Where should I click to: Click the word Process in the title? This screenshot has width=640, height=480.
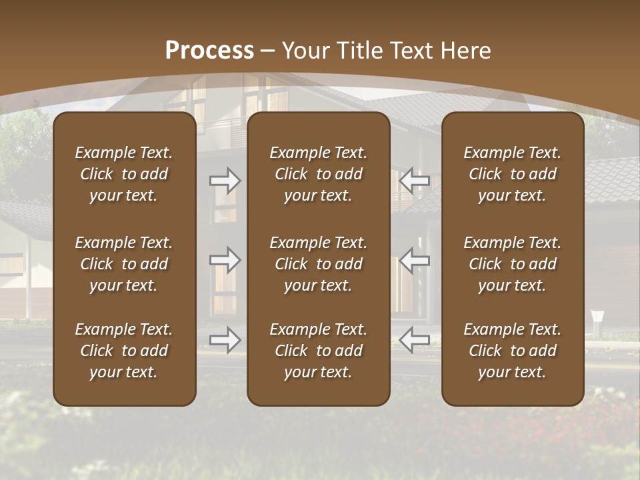tap(209, 51)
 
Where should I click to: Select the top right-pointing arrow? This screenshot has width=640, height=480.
tap(225, 180)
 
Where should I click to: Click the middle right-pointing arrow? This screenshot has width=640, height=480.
tap(225, 260)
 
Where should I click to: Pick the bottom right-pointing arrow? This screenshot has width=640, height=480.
tap(225, 340)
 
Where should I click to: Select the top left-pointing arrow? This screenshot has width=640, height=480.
tap(415, 180)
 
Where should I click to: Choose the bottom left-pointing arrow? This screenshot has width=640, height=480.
tap(415, 340)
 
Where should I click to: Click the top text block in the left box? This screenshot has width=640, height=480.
tap(124, 174)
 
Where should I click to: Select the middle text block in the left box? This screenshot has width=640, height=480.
tap(124, 264)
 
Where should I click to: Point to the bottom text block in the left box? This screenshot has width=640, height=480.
tap(124, 351)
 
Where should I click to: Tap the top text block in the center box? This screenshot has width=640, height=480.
tap(319, 174)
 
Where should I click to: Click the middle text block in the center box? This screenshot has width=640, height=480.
tap(319, 264)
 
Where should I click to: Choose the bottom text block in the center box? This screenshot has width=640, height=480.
tap(319, 351)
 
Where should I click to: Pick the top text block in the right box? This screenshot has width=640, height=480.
tap(513, 174)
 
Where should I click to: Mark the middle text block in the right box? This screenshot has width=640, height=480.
tap(513, 264)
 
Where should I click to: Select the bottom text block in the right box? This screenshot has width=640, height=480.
tap(513, 351)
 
